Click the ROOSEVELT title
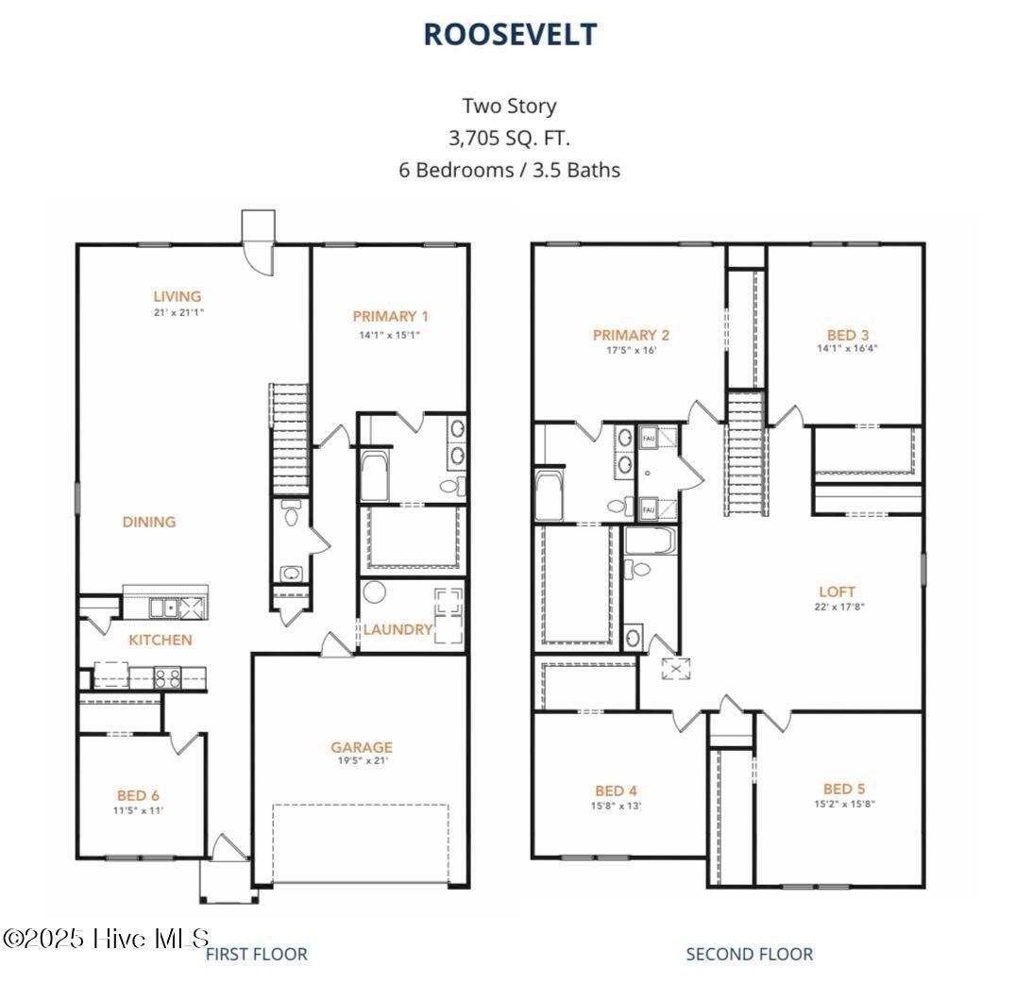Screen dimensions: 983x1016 509,34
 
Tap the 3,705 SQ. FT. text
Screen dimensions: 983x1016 509,138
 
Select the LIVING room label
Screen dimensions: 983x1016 177,296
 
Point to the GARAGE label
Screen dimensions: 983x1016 361,747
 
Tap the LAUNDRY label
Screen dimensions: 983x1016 398,629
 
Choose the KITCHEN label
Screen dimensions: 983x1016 161,640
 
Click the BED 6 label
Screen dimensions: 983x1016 139,795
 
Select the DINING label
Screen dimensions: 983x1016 149,522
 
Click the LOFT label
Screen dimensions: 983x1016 837,592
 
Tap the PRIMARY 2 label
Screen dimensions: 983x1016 631,335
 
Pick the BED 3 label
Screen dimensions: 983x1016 847,335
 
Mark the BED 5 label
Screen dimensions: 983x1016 844,789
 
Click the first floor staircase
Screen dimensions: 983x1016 291,439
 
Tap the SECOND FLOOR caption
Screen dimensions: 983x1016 749,954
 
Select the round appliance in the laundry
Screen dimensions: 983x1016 375,593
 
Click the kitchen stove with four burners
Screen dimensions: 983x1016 168,676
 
